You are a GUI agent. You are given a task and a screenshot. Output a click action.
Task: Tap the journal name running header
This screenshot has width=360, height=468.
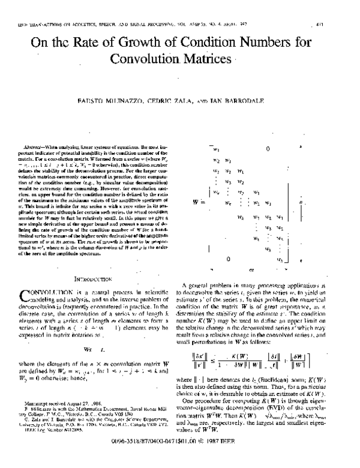click(120, 25)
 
